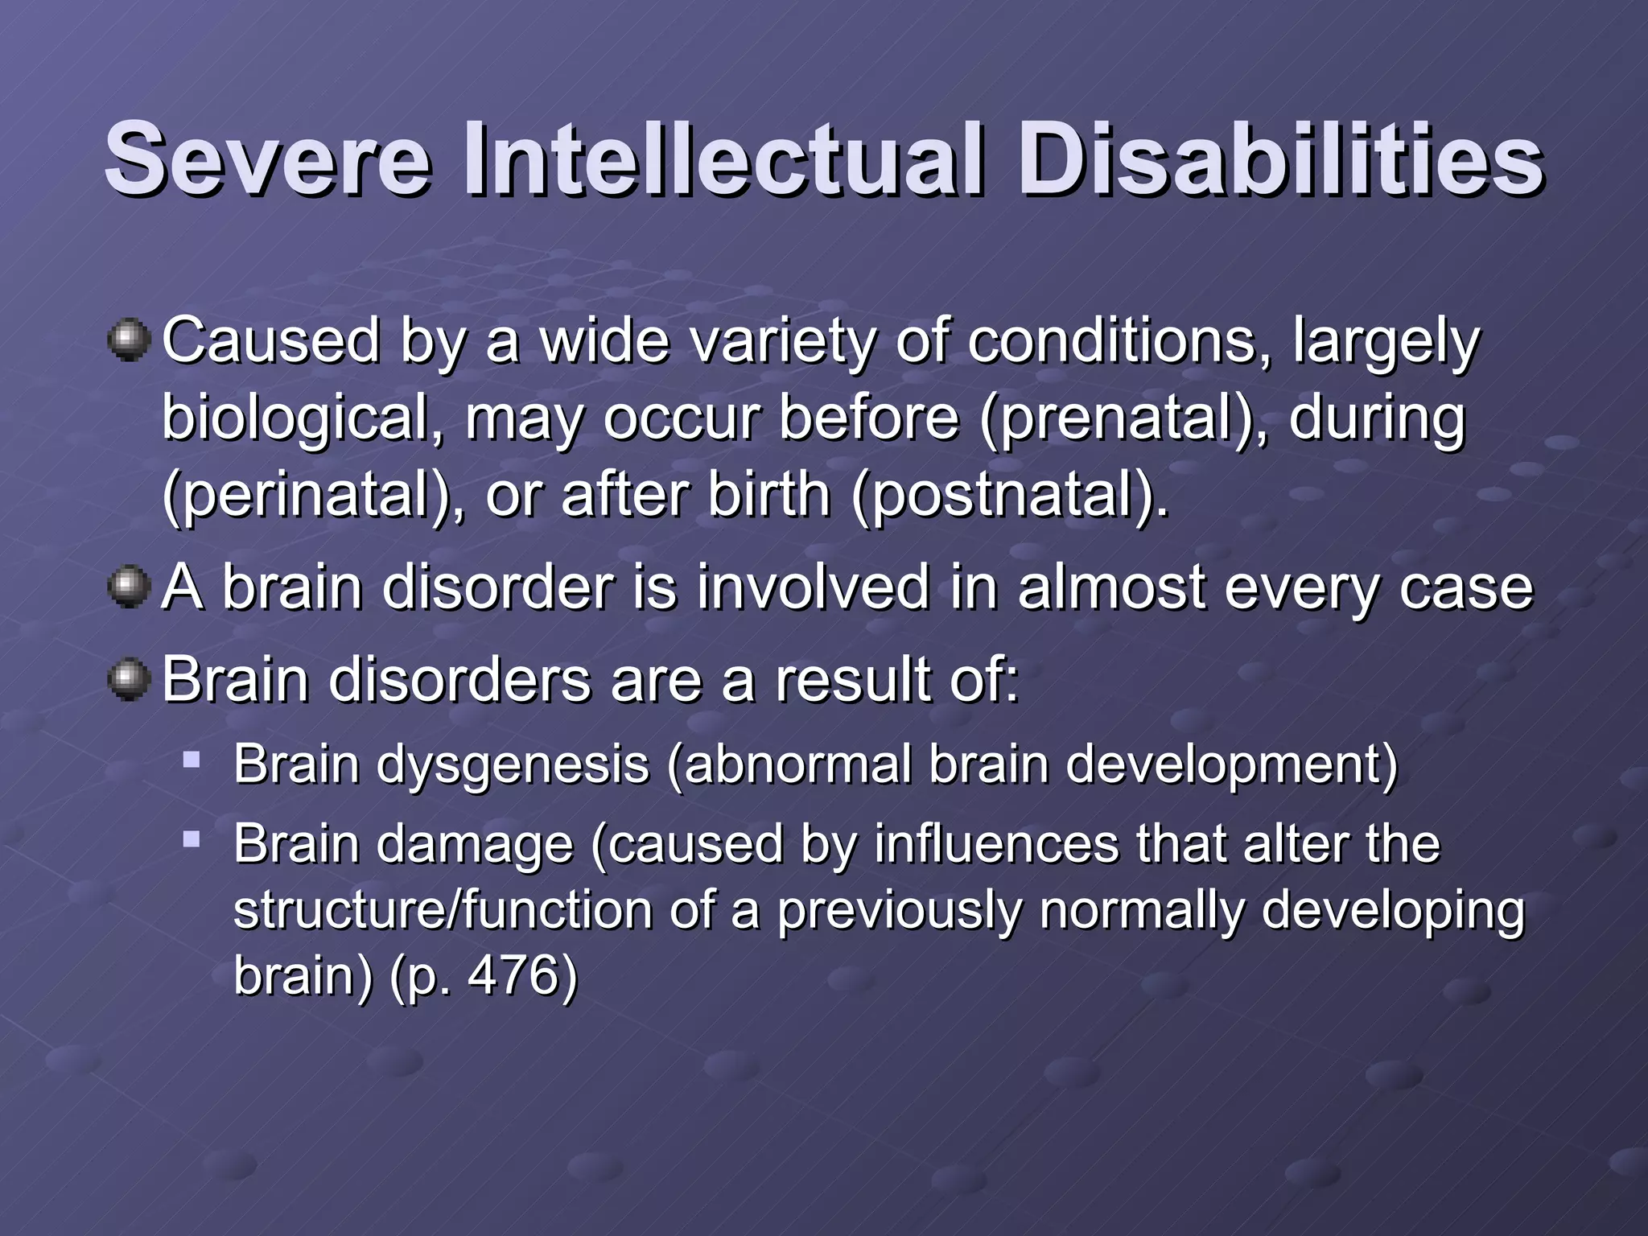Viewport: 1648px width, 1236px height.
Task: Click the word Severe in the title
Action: click(267, 159)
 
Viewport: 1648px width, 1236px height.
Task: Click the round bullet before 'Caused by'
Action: click(128, 340)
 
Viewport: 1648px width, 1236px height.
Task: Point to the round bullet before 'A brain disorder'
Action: click(128, 587)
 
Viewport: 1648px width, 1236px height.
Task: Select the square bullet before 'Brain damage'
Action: click(191, 839)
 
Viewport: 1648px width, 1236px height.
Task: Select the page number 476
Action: click(512, 975)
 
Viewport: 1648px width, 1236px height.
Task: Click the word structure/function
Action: click(443, 910)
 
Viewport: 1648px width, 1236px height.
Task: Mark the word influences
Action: click(996, 844)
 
